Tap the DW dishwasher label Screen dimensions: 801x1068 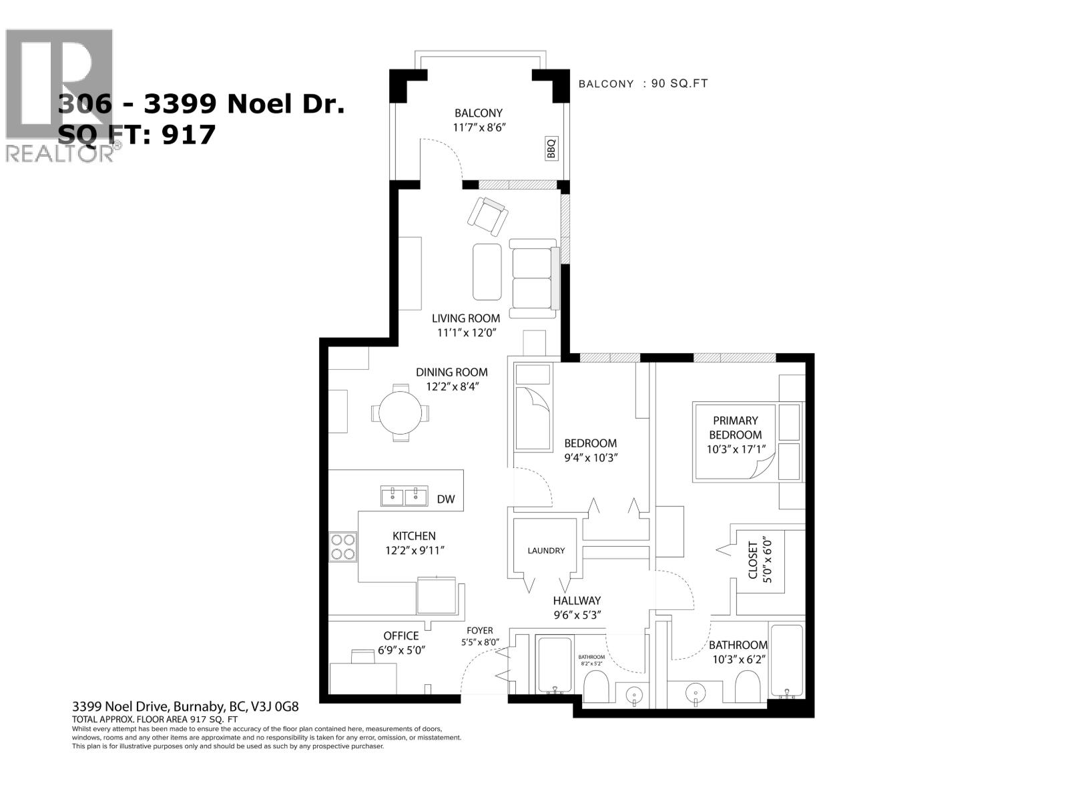446,499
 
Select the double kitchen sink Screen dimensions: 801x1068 405,495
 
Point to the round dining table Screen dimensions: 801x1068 400,413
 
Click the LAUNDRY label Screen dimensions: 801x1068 546,551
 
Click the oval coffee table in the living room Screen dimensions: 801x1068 487,272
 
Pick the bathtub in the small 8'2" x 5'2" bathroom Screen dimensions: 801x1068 553,665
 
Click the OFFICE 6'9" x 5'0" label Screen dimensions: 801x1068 401,642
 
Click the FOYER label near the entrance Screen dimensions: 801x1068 480,630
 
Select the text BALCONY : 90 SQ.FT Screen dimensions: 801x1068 643,84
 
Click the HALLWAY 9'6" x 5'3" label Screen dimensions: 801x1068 577,607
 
